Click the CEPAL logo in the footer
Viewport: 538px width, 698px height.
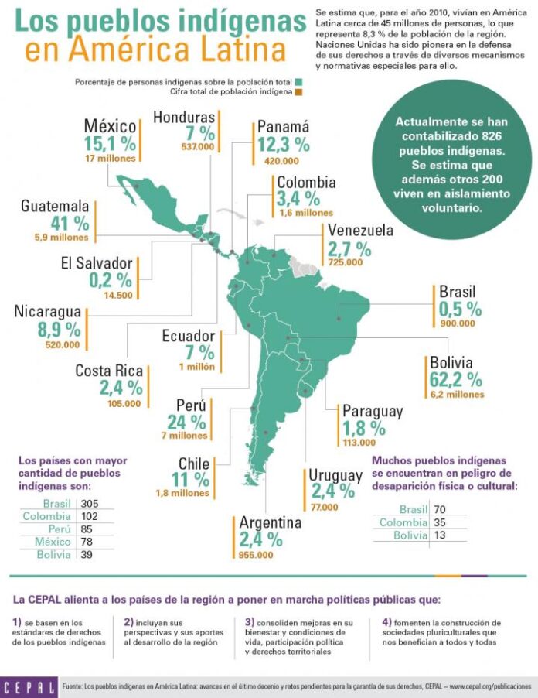29,687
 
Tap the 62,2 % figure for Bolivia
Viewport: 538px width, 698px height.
456,380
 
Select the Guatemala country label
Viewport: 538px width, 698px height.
55,206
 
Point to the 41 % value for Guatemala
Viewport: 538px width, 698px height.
70,223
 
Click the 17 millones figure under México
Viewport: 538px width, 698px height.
111,159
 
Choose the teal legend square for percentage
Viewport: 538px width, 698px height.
299,82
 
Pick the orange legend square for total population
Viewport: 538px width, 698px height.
299,92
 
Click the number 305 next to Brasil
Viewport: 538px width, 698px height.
90,504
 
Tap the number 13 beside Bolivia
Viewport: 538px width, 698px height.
439,535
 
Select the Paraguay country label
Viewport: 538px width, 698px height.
373,412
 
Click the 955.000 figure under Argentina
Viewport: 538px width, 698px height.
256,555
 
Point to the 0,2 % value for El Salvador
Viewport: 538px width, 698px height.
111,280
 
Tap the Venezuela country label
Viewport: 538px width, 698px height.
360,230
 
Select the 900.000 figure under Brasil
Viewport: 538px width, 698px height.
458,323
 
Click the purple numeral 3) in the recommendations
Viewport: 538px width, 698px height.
250,622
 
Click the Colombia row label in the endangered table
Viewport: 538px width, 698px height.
403,522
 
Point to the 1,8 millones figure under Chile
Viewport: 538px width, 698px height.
182,493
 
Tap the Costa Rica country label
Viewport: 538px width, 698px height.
109,371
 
